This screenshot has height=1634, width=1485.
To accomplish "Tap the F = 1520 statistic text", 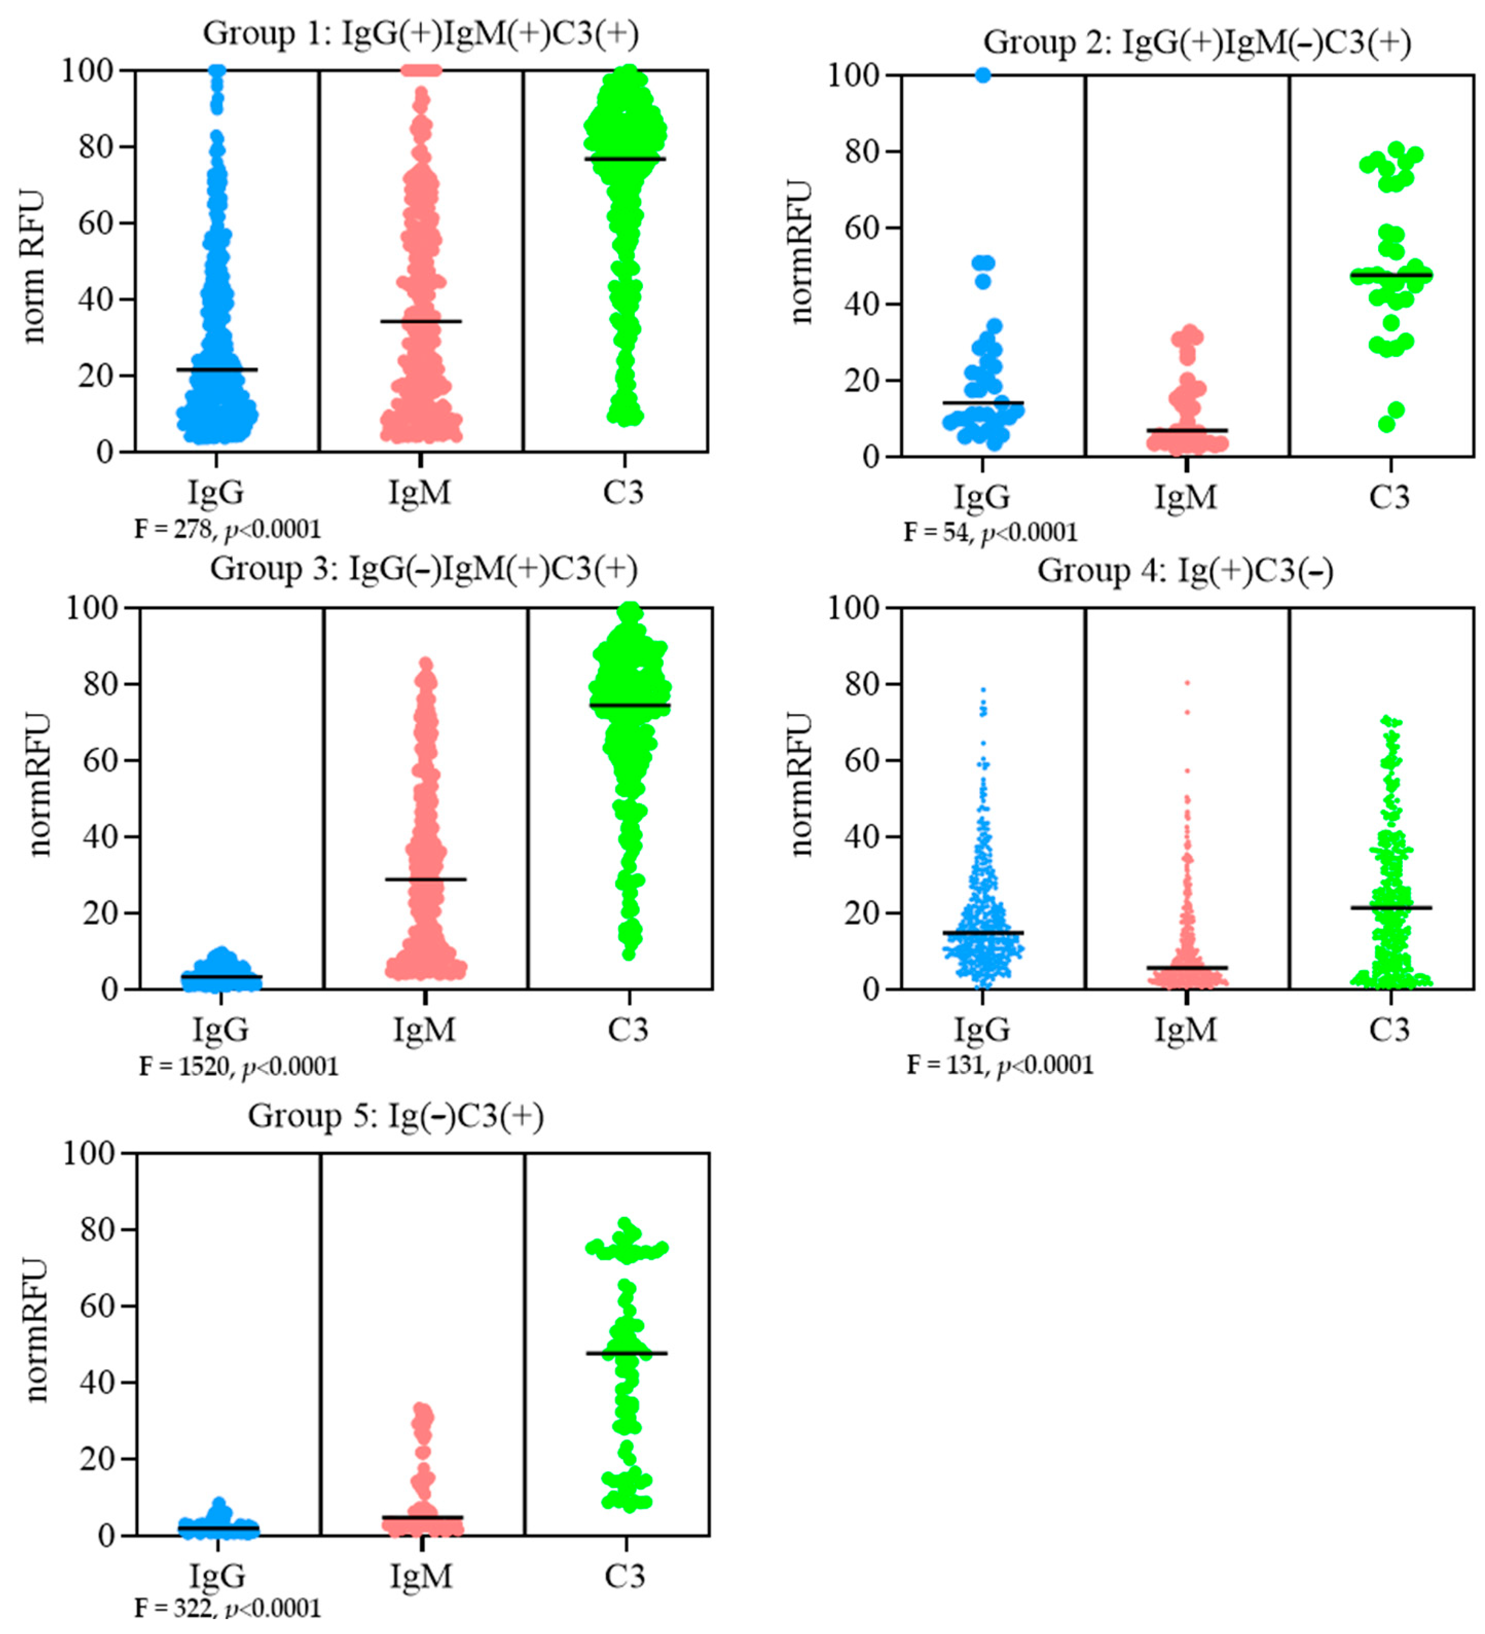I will click(238, 1066).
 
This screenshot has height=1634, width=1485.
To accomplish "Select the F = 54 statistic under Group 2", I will click(990, 532).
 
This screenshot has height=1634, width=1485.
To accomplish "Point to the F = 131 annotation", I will click(999, 1064).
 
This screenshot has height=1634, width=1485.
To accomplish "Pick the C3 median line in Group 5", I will click(626, 1353).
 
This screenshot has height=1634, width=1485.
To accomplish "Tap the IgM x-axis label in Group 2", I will click(1185, 496).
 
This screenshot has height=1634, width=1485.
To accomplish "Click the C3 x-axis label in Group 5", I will click(625, 1575).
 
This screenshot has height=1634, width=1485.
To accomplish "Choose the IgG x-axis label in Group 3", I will click(221, 1029).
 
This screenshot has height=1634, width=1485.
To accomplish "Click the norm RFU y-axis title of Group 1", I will click(32, 267).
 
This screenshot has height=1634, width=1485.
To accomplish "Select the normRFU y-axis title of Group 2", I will click(800, 253).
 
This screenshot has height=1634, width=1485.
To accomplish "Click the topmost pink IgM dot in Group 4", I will click(1187, 683).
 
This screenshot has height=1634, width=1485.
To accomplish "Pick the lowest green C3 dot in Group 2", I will click(1386, 425).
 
